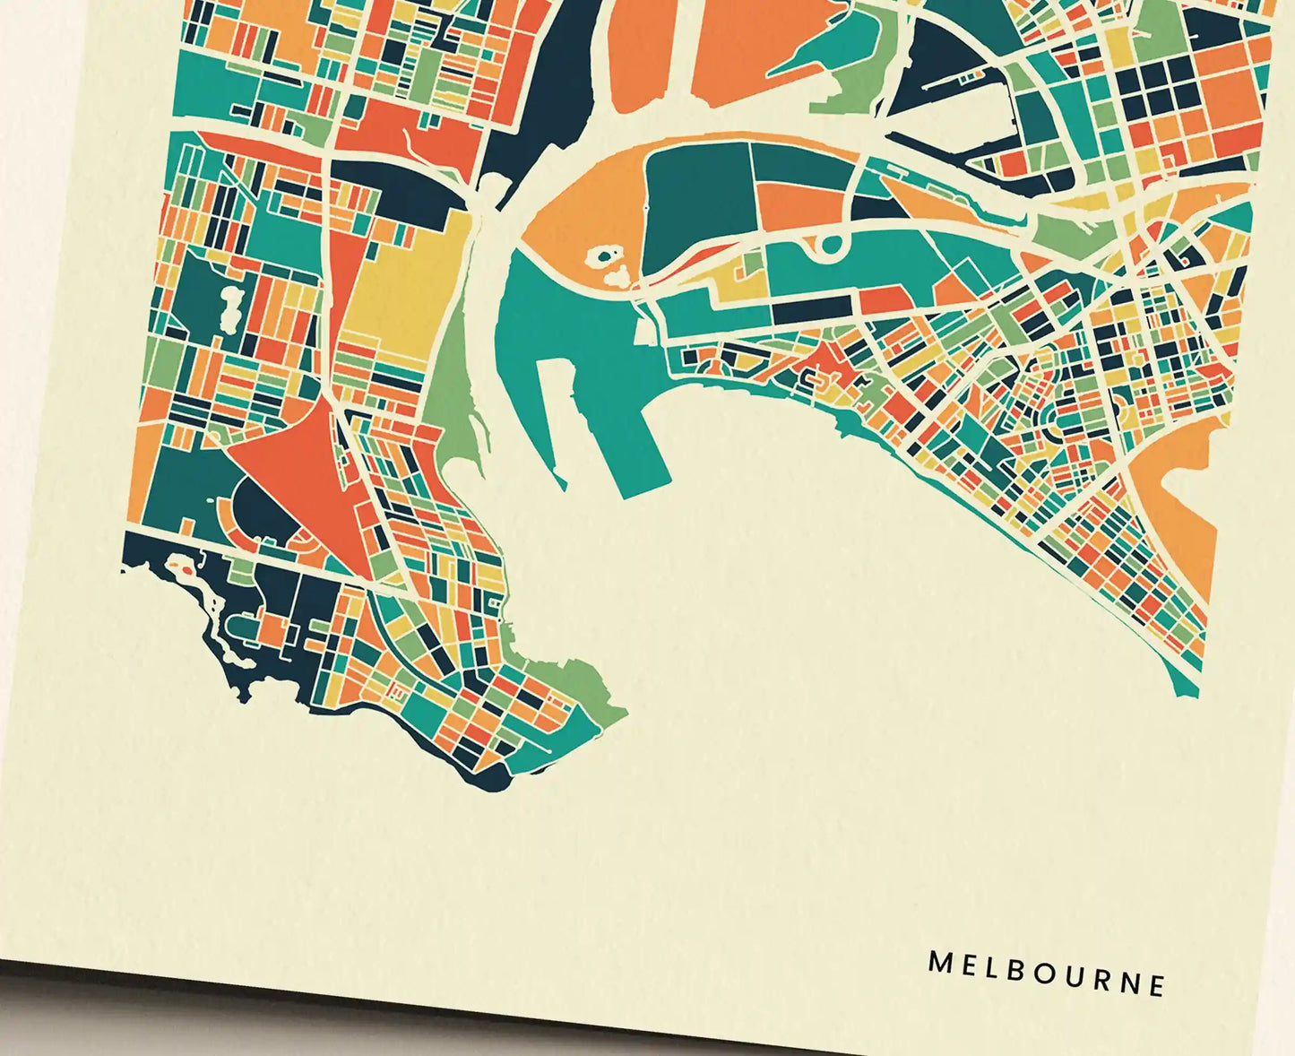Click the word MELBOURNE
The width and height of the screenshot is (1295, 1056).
coord(1047,974)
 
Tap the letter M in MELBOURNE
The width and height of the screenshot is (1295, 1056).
coord(938,962)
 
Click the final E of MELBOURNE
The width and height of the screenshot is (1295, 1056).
coord(1157,985)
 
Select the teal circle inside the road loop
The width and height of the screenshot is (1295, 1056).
coord(831,245)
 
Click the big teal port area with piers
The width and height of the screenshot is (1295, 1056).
coord(574,359)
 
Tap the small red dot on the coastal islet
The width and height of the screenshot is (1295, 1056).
coord(185,567)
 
